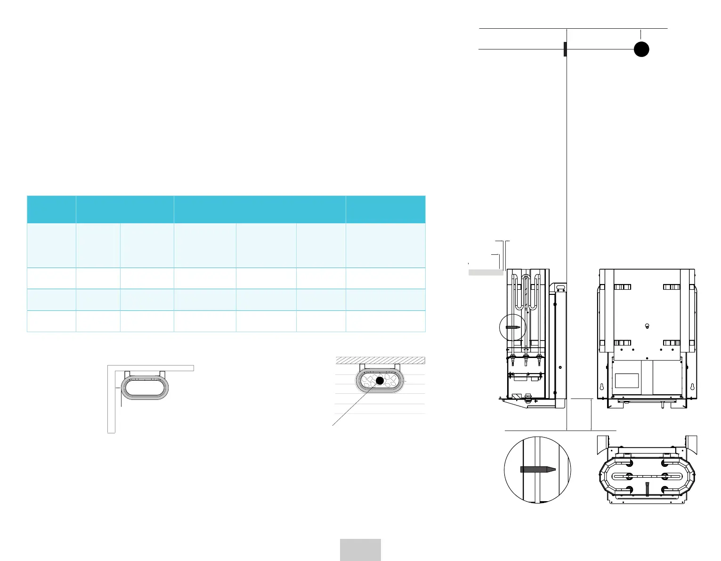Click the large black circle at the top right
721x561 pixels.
tap(641, 49)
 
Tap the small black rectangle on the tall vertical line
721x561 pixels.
tap(565, 49)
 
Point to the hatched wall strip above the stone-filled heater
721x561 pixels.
tap(381, 360)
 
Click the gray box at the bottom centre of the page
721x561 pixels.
tap(360, 550)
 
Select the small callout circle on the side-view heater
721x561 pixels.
tap(512, 326)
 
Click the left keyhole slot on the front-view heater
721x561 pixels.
tap(601, 387)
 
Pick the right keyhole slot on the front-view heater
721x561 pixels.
tap(692, 387)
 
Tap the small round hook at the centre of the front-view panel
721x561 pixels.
tap(647, 325)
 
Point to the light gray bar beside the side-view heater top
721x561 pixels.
tap(486, 272)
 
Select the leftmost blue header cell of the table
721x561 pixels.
tap(51, 209)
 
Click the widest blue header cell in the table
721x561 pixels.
tap(259, 209)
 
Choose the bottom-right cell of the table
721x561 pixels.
tap(385, 321)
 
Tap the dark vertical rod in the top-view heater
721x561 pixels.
tap(648, 489)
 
